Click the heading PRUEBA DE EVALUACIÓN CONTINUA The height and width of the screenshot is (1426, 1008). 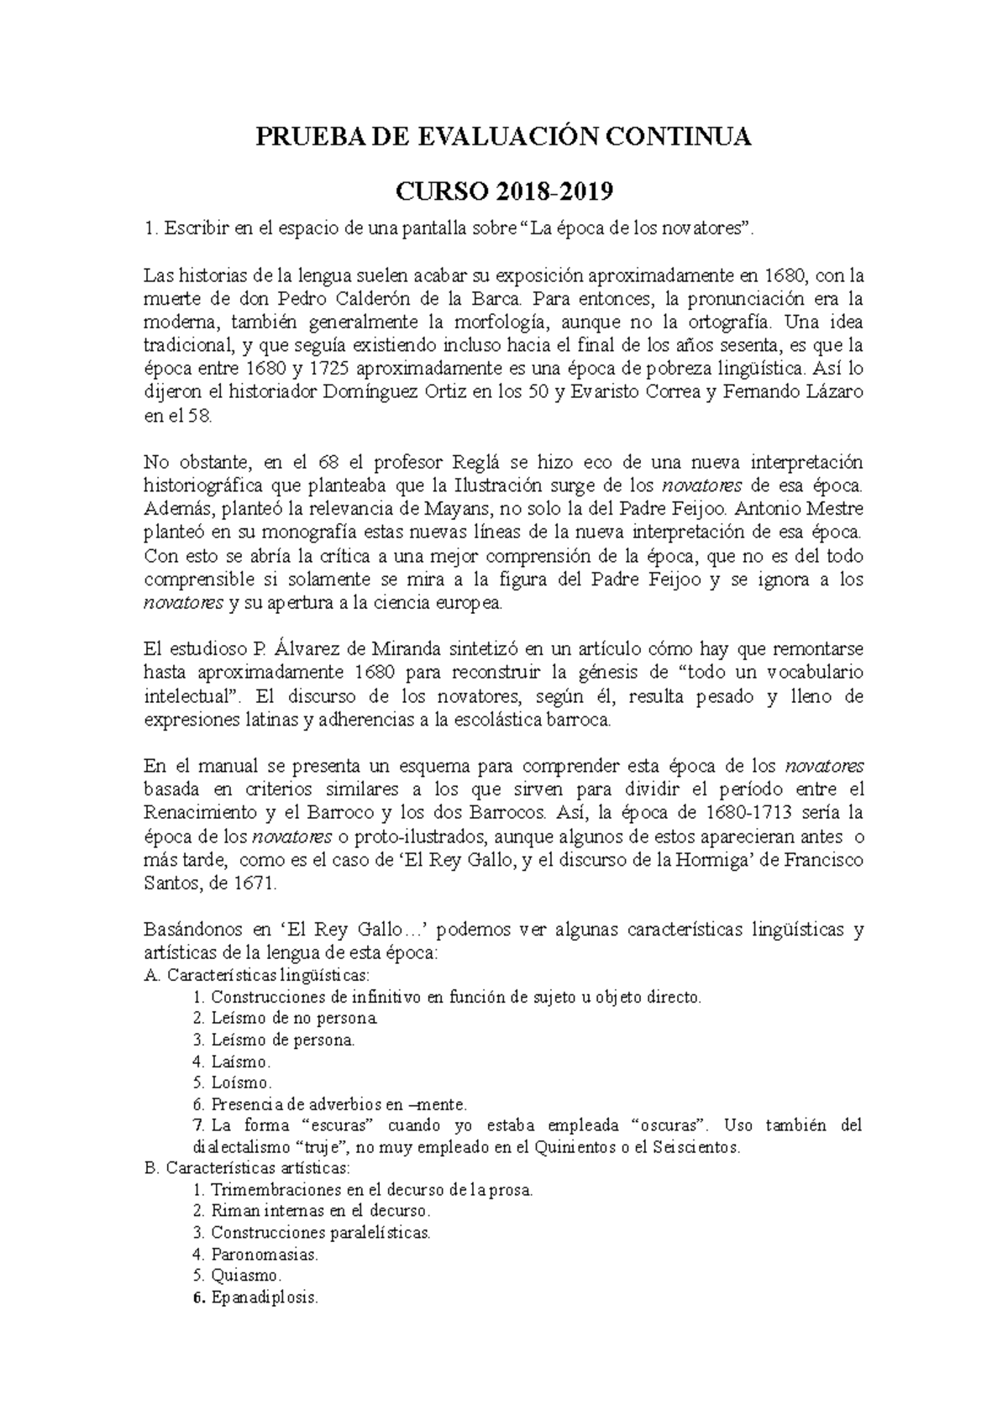coord(504,137)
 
